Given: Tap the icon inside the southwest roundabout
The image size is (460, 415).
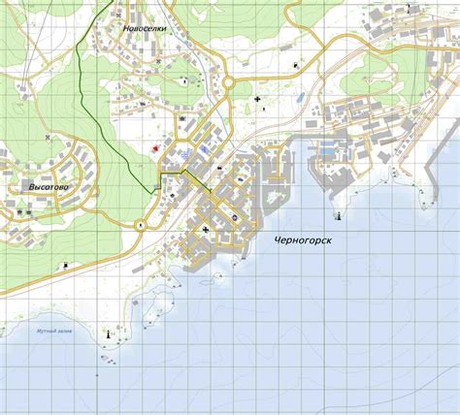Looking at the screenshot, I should coord(141,226).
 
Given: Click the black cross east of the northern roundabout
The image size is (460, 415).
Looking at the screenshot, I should coord(257,99).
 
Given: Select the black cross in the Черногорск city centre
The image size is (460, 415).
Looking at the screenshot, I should coord(206,229).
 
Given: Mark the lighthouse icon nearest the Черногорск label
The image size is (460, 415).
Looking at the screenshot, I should coord(338,213).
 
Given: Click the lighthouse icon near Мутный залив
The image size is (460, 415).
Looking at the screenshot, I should coord(106,333).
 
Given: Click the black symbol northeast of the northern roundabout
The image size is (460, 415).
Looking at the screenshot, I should coord(292,64).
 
